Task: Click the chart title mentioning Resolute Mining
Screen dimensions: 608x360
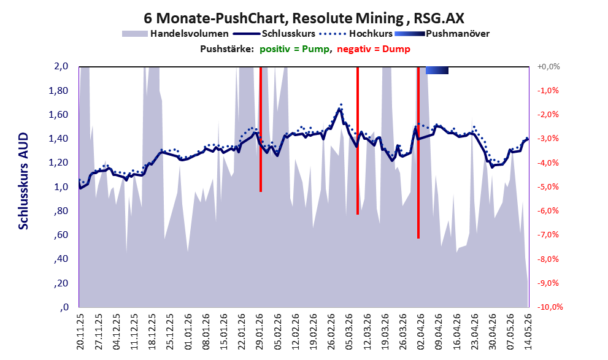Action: (x=304, y=18)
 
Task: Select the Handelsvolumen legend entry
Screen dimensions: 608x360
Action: (x=175, y=34)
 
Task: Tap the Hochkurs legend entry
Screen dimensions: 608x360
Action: (x=356, y=34)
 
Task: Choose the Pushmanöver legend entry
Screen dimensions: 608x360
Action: (x=442, y=34)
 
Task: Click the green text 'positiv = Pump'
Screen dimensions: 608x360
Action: (x=295, y=49)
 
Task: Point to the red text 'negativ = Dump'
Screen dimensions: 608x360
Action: (x=374, y=49)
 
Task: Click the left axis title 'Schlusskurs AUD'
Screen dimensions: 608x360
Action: (x=23, y=181)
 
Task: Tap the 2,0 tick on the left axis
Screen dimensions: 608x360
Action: (x=61, y=66)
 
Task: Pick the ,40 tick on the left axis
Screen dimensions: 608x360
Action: (x=61, y=259)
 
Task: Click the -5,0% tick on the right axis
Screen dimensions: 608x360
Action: (x=548, y=187)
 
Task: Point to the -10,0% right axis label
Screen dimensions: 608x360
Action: (x=550, y=307)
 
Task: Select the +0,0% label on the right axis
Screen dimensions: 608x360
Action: (x=548, y=67)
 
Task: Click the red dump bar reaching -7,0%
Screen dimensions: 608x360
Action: (x=418, y=153)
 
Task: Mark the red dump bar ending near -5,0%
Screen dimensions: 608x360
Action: (x=261, y=129)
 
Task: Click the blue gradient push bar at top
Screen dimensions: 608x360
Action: (x=437, y=70)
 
